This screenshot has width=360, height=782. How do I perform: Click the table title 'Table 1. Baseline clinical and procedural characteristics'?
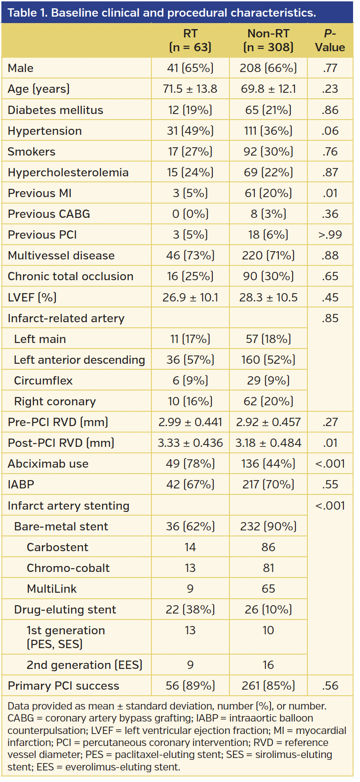click(162, 12)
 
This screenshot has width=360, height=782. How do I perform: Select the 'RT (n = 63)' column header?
click(190, 40)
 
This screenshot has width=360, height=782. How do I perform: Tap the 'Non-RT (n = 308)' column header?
click(268, 40)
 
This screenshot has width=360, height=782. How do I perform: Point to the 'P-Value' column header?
click(330, 40)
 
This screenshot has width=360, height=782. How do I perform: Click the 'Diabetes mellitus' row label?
click(55, 110)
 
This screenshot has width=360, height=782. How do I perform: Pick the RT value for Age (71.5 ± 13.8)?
click(190, 89)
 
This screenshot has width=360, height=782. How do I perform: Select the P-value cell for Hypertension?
click(330, 131)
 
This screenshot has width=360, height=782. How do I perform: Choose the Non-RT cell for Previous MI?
click(268, 193)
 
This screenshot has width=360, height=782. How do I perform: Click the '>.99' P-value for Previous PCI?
click(330, 235)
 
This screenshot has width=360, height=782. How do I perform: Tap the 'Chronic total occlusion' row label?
click(71, 276)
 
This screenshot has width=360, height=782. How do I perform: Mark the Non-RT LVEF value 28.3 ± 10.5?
click(268, 297)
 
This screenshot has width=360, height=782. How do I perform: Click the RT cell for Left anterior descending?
click(190, 360)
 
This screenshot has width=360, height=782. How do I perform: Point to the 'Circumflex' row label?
click(43, 380)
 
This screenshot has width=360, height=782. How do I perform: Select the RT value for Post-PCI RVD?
click(190, 443)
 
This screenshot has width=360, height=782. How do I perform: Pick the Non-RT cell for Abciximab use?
click(268, 463)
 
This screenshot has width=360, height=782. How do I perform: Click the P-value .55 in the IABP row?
click(330, 484)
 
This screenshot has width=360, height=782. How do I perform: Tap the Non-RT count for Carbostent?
click(268, 547)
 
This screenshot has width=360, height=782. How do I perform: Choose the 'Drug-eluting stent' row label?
click(65, 609)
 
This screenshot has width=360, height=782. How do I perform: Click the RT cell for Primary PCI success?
click(190, 686)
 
